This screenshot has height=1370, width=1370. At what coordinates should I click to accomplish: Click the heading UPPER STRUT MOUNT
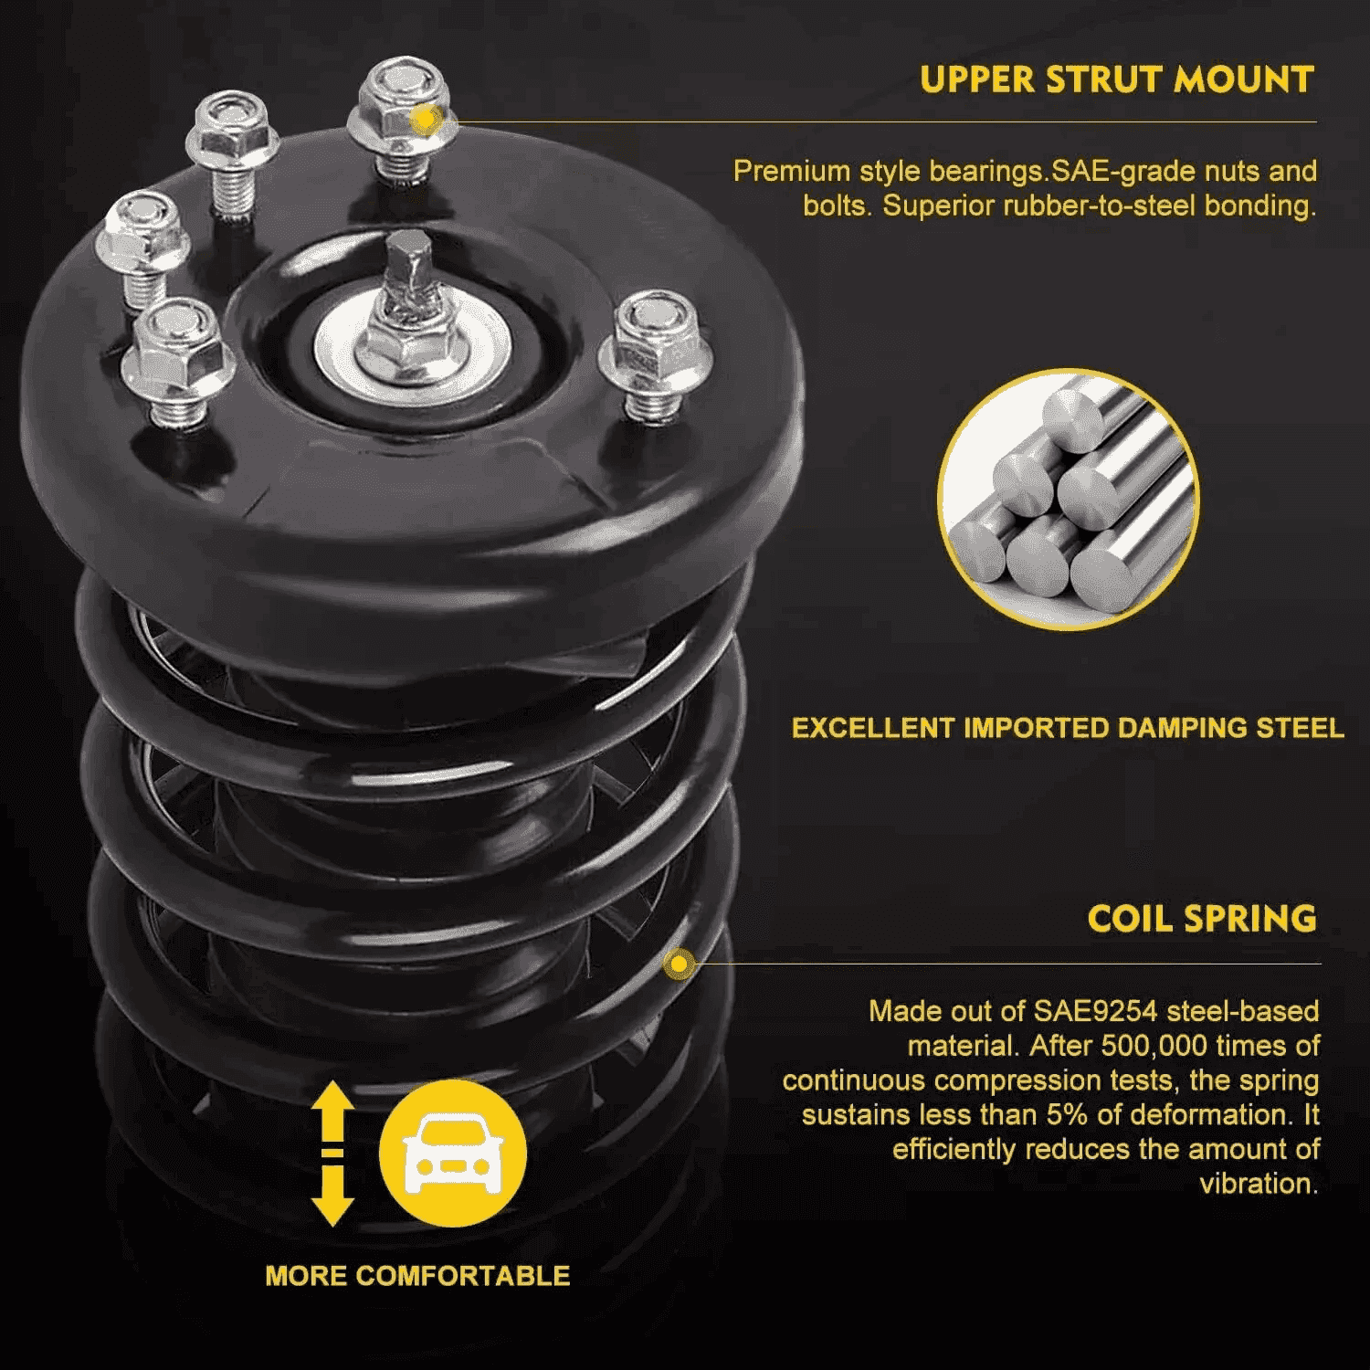(x=1116, y=80)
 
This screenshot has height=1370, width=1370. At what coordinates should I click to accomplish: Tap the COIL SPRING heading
(x=1202, y=919)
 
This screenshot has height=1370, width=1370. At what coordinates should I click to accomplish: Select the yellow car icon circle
(x=453, y=1154)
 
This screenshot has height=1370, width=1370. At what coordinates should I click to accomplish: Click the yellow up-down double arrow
(x=332, y=1154)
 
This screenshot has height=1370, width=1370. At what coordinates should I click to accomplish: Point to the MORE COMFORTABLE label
(x=417, y=1276)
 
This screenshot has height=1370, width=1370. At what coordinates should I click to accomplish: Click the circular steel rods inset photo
(x=1068, y=500)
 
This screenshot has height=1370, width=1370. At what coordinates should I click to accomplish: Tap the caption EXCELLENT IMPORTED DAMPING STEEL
(x=1068, y=728)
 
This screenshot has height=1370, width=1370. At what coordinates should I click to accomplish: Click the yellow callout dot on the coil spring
(x=679, y=964)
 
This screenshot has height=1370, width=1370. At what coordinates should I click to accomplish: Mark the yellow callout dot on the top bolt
(x=425, y=119)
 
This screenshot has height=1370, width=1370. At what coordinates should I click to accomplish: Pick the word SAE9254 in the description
(x=1095, y=1011)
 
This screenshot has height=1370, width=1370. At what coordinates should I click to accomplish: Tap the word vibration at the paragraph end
(x=1259, y=1184)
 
